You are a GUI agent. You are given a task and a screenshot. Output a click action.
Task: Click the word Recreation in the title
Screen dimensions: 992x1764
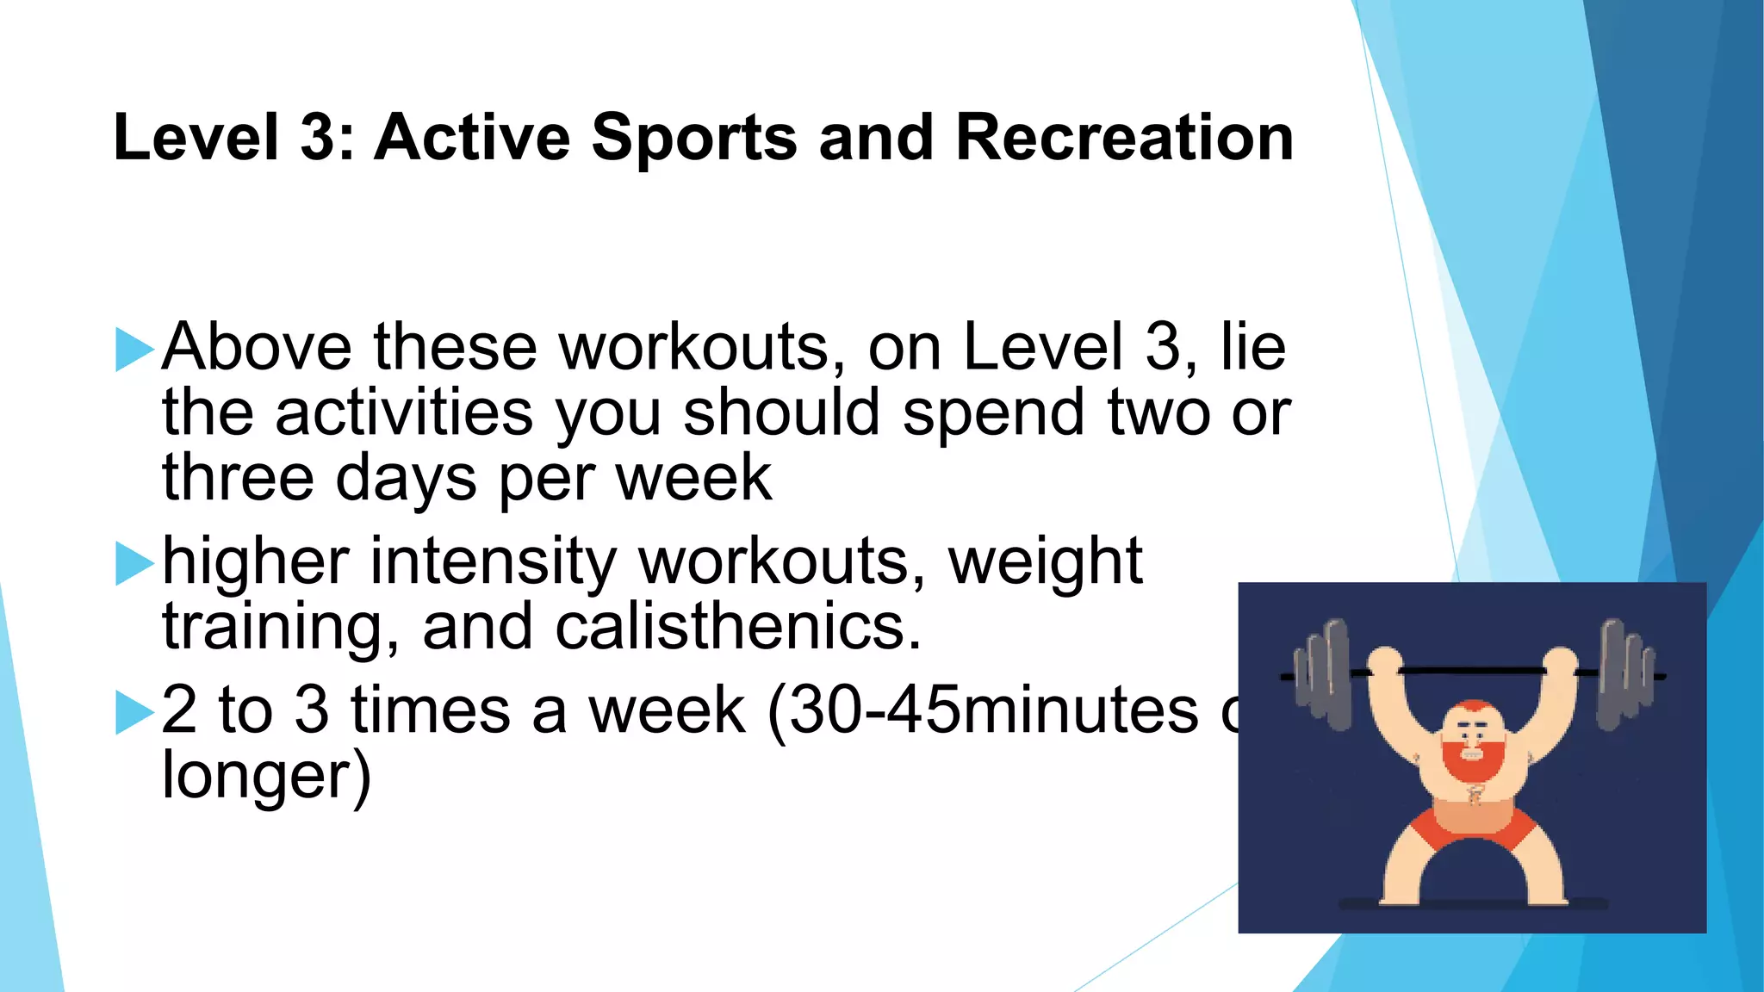[x=1124, y=138]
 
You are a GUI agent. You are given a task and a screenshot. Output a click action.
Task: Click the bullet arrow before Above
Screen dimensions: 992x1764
[x=134, y=349]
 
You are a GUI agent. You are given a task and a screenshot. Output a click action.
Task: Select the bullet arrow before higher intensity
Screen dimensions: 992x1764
[x=134, y=563]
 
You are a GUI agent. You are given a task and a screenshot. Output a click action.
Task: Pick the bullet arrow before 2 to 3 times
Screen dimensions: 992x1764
[x=134, y=712]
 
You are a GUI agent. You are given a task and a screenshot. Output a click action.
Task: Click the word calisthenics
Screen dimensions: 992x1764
[x=738, y=627]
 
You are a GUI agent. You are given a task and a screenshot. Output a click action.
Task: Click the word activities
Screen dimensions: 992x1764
[x=404, y=413]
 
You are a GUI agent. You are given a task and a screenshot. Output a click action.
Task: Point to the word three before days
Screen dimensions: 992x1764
[x=238, y=479]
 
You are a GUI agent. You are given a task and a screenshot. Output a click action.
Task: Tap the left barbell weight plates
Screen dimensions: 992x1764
[x=1325, y=673]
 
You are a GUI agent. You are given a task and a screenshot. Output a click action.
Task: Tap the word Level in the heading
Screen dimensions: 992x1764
[x=196, y=138]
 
